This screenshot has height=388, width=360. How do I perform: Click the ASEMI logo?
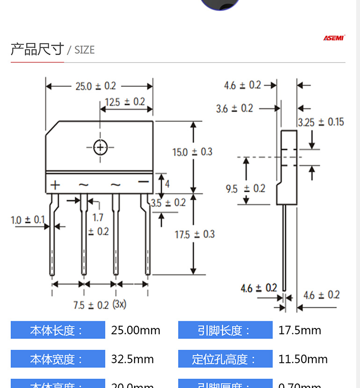click(x=334, y=38)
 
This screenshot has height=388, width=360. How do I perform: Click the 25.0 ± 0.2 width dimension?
click(x=95, y=86)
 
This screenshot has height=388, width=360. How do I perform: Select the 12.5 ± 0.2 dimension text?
click(x=125, y=102)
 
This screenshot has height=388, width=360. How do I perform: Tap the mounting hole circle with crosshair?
click(x=100, y=147)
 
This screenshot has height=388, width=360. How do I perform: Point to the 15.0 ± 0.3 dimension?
click(x=192, y=152)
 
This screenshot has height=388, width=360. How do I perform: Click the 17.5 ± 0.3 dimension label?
click(x=194, y=234)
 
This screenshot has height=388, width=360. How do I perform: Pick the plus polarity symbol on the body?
click(x=56, y=185)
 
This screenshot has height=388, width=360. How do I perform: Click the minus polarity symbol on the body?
click(x=143, y=182)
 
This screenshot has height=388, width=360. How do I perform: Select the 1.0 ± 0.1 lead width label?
click(x=28, y=219)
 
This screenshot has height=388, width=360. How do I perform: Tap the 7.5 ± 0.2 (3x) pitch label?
click(x=100, y=305)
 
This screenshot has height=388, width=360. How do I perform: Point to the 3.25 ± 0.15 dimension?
click(x=321, y=122)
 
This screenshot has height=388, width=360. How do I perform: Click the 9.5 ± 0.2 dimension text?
click(x=245, y=189)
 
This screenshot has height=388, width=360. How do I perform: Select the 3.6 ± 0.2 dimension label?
click(x=234, y=108)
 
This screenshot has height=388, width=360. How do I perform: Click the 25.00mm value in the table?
click(x=136, y=331)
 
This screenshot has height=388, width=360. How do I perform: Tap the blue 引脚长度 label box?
click(x=225, y=331)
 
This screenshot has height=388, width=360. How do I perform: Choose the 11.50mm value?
click(x=303, y=359)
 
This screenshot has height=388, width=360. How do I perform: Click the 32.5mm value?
click(x=132, y=359)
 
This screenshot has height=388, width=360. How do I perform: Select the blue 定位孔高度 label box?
click(x=225, y=359)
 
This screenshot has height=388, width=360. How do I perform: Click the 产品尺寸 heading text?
click(x=37, y=49)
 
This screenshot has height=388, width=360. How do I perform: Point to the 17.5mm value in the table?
click(x=300, y=331)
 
